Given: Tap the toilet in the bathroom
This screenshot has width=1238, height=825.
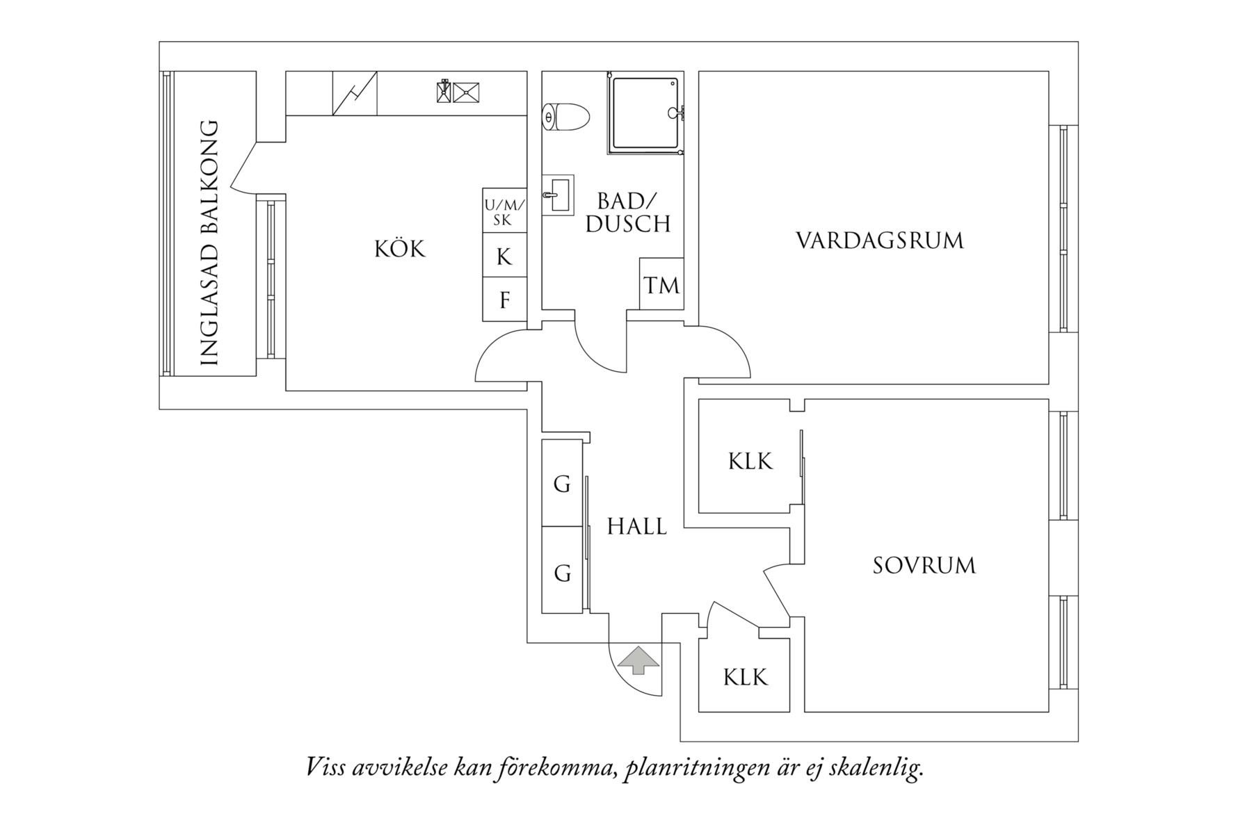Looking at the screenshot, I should (x=566, y=117).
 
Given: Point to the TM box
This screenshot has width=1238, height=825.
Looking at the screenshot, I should (x=661, y=284).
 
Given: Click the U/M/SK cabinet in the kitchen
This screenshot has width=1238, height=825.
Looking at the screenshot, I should (x=504, y=212).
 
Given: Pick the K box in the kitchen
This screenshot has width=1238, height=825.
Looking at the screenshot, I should (x=504, y=256).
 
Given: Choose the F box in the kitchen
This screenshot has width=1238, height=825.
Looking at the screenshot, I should (x=504, y=300).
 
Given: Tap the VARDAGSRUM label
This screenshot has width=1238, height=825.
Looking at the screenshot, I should (x=880, y=241).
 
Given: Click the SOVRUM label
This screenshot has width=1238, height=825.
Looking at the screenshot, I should (x=924, y=565).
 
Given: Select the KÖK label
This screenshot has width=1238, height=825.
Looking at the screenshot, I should (x=399, y=249).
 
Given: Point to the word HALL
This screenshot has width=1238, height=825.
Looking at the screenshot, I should (x=636, y=527).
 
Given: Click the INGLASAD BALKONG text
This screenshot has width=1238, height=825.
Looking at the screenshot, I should (x=209, y=243).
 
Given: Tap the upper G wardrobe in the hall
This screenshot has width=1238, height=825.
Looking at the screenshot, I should (x=562, y=483).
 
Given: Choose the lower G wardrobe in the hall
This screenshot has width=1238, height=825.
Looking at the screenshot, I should (x=562, y=573).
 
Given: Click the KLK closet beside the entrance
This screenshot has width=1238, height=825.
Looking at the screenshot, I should (x=745, y=676).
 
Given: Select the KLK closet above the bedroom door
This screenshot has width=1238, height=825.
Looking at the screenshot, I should (x=750, y=460).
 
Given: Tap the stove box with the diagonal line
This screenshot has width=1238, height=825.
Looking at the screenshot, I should (x=355, y=93).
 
